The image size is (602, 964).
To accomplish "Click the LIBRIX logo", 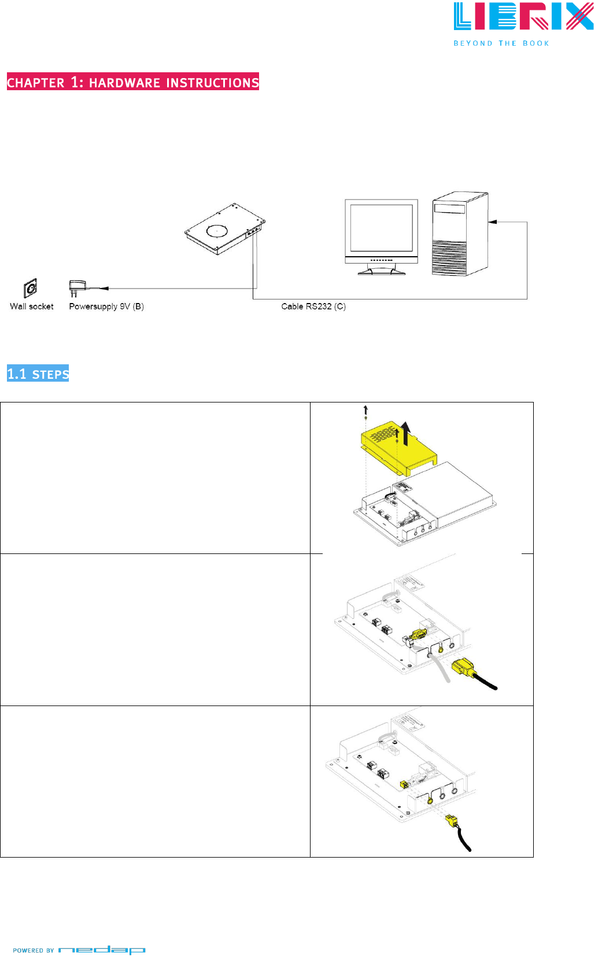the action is [x=523, y=17].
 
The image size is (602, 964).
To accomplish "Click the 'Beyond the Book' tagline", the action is [x=501, y=43].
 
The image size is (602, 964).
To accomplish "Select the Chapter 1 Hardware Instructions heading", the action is [x=133, y=82].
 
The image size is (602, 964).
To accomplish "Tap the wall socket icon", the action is [x=31, y=287].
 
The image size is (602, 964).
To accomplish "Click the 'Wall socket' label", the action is [x=32, y=306].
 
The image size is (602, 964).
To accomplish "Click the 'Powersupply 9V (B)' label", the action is [x=106, y=306].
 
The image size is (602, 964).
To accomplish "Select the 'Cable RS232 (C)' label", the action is [x=313, y=306].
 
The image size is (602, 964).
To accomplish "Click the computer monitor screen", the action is [x=381, y=227].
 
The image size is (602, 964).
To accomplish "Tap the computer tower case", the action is [x=460, y=234].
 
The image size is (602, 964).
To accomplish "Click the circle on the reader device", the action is [x=217, y=231].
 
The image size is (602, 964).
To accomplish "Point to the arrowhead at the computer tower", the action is [x=492, y=221].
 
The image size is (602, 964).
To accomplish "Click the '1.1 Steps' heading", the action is [x=38, y=374].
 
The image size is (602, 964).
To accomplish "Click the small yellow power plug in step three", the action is [x=452, y=820].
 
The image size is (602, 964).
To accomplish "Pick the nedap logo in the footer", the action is [x=102, y=950].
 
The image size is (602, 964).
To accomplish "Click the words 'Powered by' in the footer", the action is [x=34, y=950].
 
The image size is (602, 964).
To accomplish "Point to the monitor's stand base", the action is [x=381, y=271].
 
